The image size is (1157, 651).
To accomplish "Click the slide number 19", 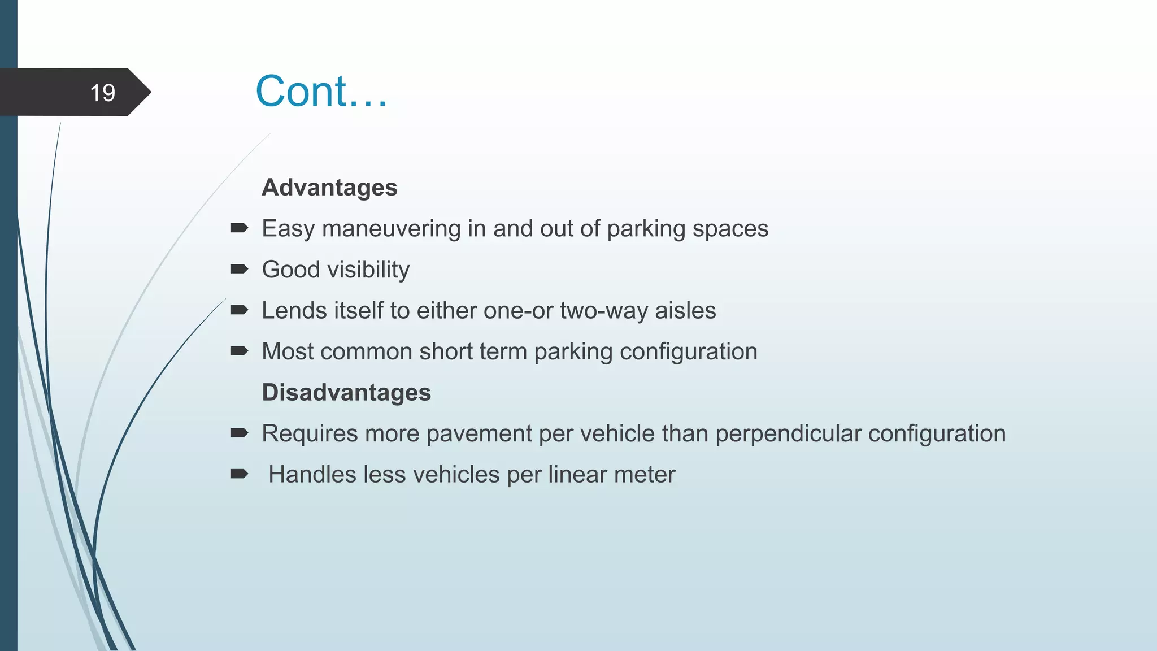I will (102, 93).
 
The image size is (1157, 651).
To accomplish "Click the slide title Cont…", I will (321, 91).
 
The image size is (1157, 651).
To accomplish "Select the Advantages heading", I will (329, 188).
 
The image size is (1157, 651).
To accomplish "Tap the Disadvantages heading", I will (346, 393).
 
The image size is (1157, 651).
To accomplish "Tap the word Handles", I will (312, 475).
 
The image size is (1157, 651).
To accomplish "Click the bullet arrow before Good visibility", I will (240, 269).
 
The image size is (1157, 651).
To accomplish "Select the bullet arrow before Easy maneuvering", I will (240, 228).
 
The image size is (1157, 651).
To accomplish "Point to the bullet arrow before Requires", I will (240, 433).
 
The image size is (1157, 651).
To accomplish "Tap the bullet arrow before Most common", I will (240, 351).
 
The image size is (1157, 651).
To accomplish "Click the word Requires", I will (310, 434).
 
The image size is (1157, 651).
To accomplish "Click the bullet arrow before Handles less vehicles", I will (240, 474).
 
